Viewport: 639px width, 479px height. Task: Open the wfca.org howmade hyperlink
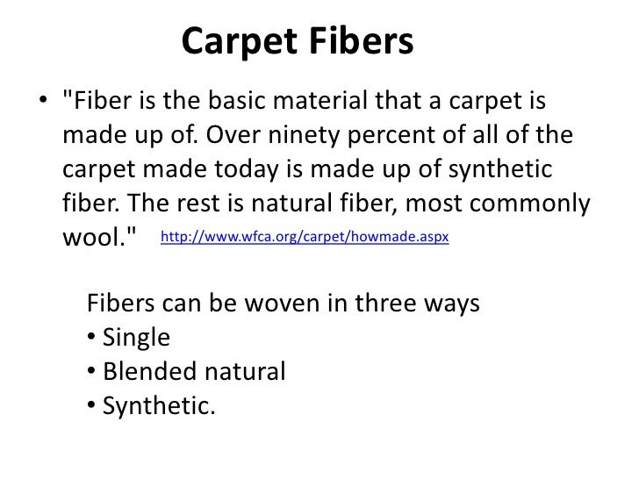click(x=305, y=238)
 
